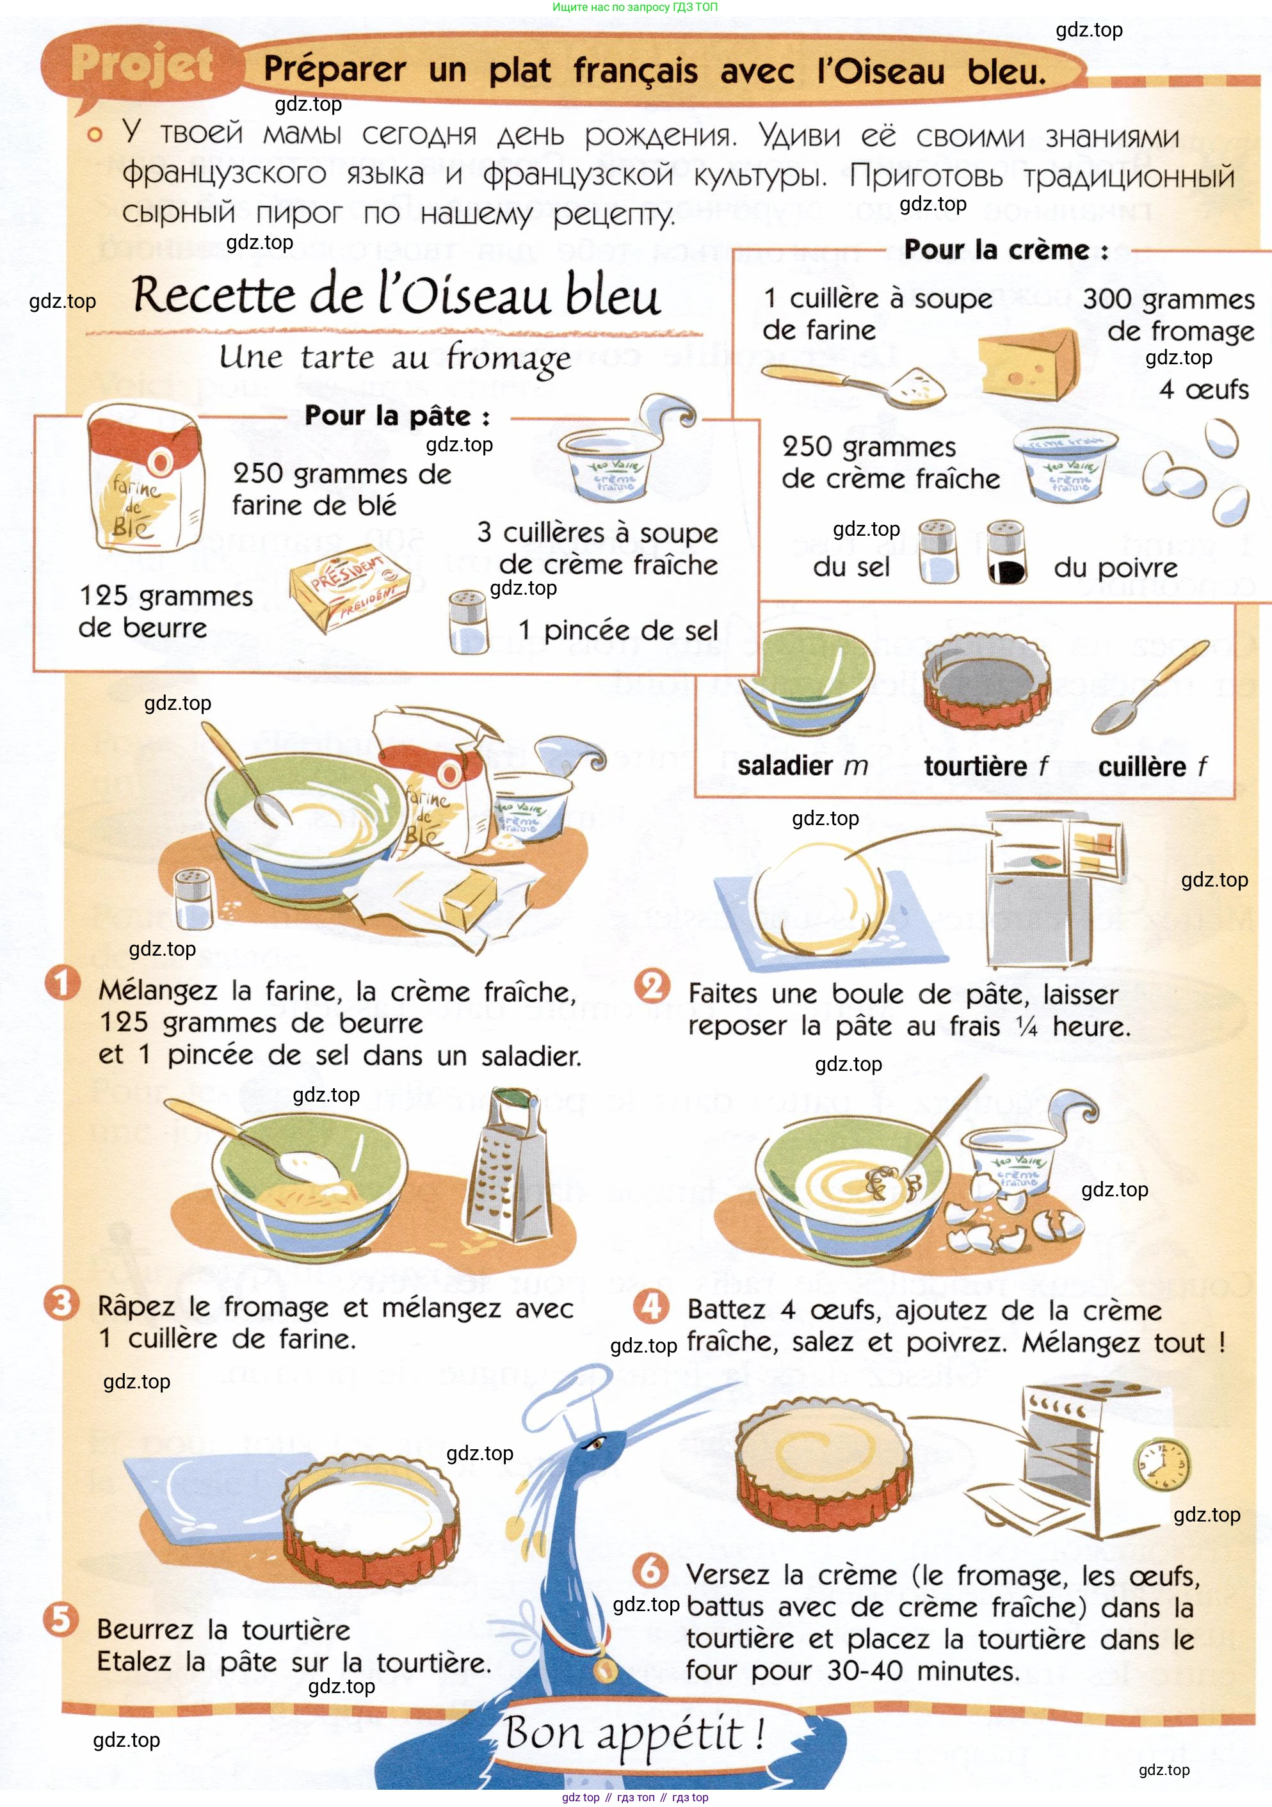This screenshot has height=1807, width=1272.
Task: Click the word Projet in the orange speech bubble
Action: point(141,64)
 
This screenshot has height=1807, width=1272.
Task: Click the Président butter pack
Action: point(350,587)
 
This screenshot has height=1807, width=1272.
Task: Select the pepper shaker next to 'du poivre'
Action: point(1007,552)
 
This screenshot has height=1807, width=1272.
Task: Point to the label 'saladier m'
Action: point(802,765)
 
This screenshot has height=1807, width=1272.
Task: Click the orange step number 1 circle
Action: point(62,984)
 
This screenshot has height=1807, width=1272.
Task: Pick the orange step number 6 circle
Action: point(651,1571)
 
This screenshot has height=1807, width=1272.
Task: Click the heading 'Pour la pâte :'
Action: point(398,415)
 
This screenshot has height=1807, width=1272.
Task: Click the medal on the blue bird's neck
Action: point(604,1667)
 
